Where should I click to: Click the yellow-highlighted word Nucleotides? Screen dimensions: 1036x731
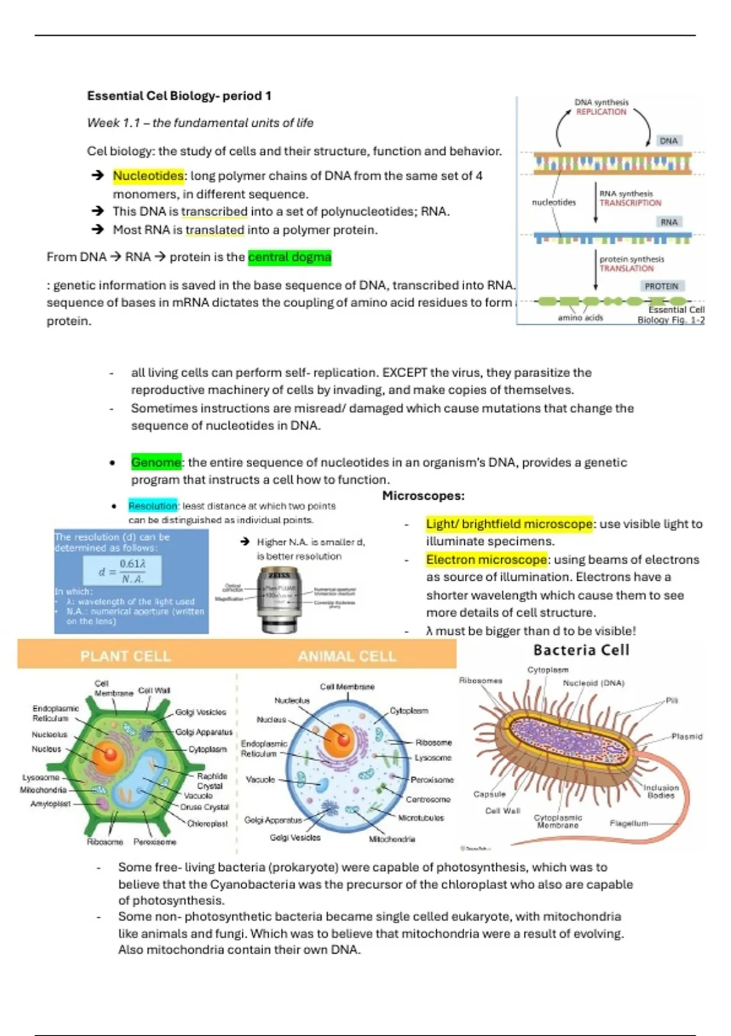[148, 176]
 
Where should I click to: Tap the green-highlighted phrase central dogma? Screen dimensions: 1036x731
[289, 257]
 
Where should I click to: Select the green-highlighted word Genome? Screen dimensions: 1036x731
[156, 463]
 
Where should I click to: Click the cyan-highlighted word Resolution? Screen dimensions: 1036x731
[152, 506]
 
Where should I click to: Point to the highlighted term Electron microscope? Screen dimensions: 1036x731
[486, 559]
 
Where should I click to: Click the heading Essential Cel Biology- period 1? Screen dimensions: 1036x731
[179, 96]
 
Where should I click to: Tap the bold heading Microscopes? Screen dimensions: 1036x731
[423, 496]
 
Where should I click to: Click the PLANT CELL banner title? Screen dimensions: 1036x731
[125, 656]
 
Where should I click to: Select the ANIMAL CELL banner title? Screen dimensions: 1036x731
[347, 656]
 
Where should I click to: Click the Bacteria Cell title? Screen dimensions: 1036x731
[581, 650]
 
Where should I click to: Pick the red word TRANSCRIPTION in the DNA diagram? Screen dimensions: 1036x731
[630, 203]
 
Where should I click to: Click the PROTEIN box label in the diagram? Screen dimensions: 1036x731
[661, 286]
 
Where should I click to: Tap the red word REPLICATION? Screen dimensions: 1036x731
[601, 112]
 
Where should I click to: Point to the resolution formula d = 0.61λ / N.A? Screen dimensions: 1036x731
[122, 571]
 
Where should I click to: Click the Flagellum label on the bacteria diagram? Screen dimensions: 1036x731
[629, 823]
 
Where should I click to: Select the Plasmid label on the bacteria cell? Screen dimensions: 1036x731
[687, 737]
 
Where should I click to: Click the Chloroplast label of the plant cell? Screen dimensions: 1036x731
[207, 824]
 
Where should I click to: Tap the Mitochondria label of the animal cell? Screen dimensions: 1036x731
[392, 839]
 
